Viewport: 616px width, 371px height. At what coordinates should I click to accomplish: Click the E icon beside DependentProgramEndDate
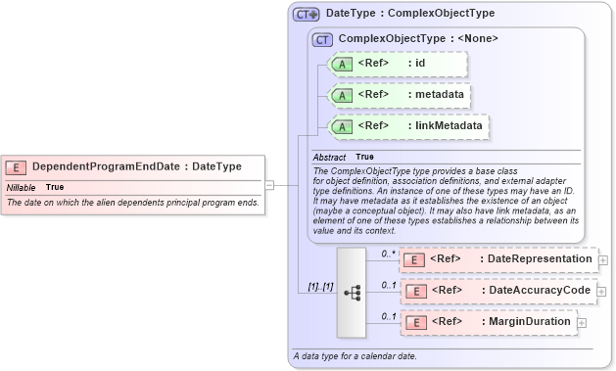click(17, 167)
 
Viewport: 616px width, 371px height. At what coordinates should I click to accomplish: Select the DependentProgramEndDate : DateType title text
click(137, 167)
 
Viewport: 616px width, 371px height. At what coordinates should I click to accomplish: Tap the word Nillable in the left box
click(22, 187)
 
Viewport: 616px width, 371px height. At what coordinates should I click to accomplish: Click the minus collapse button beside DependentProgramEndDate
click(268, 183)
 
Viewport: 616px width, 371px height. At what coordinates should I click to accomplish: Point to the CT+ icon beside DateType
click(307, 15)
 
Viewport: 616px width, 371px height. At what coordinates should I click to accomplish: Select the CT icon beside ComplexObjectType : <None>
click(322, 39)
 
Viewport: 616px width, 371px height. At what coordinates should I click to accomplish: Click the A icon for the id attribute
click(342, 64)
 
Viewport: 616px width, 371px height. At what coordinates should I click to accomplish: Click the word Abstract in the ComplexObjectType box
click(329, 157)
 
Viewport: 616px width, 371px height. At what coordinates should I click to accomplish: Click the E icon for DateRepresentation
click(414, 259)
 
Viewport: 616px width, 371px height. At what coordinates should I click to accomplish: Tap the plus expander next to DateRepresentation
click(602, 259)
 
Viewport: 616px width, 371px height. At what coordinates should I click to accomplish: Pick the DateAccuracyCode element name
click(539, 291)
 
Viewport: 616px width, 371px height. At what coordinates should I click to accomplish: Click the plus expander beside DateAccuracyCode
click(601, 291)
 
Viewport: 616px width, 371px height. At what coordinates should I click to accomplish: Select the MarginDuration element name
click(529, 321)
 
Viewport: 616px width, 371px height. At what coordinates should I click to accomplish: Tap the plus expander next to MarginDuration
click(583, 321)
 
